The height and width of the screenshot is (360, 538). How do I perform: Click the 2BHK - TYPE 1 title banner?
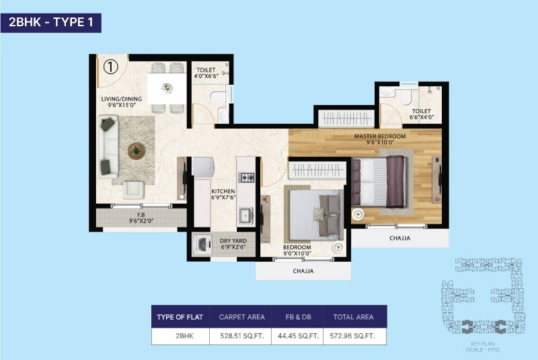(51, 23)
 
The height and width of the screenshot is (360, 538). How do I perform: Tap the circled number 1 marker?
(111, 66)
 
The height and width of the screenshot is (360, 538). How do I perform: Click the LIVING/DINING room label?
(122, 100)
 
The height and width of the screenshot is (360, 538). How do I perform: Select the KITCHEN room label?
(222, 191)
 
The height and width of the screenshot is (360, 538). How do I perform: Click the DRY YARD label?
(235, 240)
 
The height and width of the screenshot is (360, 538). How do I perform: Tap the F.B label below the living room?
(142, 215)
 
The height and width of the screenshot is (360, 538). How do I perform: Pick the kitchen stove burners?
(247, 178)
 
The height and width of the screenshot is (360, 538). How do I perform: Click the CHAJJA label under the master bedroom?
(399, 238)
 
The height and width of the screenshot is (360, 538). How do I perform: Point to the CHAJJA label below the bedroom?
(303, 271)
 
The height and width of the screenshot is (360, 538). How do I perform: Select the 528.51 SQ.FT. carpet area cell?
(240, 335)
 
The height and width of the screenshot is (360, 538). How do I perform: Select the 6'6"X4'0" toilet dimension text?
(422, 118)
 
